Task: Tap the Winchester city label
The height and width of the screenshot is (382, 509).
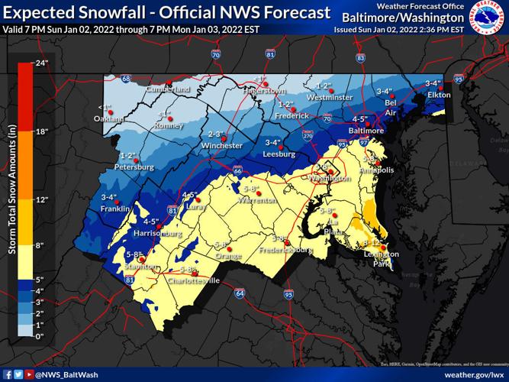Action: click(x=226, y=145)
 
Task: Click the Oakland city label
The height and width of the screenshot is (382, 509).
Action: click(x=109, y=119)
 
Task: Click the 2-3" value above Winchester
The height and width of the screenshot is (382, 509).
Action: click(x=217, y=134)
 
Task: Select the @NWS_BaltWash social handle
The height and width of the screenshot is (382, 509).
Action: click(x=72, y=375)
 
